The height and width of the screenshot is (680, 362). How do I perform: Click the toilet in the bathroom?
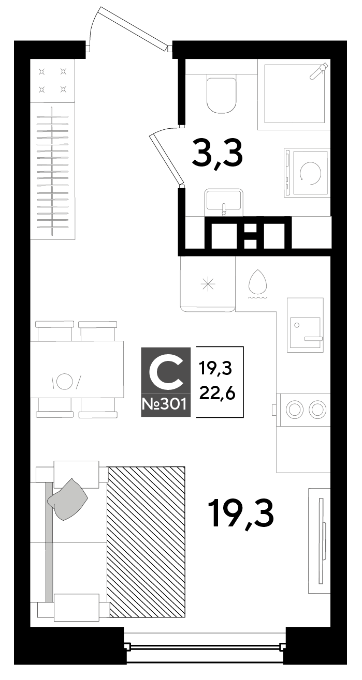[221, 95]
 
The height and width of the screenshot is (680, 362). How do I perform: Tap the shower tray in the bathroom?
[294, 94]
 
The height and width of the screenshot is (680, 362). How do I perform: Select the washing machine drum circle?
[310, 173]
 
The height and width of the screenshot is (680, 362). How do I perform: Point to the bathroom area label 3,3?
[218, 153]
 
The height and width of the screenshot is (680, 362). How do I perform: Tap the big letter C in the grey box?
[166, 374]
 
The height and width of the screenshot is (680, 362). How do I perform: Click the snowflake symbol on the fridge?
[208, 284]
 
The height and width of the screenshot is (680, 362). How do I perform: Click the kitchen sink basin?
[305, 333]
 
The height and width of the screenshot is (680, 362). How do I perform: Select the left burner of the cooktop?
[295, 409]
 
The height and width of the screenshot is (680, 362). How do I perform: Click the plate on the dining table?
[64, 381]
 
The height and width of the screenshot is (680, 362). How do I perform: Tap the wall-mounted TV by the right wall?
[320, 540]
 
